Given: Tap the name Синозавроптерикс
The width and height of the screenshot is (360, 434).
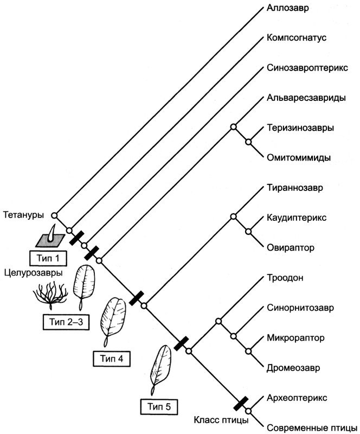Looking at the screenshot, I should pyautogui.click(x=307, y=69).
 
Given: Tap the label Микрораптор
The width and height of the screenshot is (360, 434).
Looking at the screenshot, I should pyautogui.click(x=295, y=337).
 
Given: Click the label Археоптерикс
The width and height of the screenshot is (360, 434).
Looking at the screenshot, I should pyautogui.click(x=296, y=397).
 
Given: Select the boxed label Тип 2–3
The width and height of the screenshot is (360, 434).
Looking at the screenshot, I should pyautogui.click(x=62, y=322).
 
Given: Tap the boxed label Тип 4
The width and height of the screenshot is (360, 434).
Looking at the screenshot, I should pyautogui.click(x=112, y=359).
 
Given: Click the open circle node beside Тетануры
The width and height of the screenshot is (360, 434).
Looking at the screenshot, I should pyautogui.click(x=54, y=214).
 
